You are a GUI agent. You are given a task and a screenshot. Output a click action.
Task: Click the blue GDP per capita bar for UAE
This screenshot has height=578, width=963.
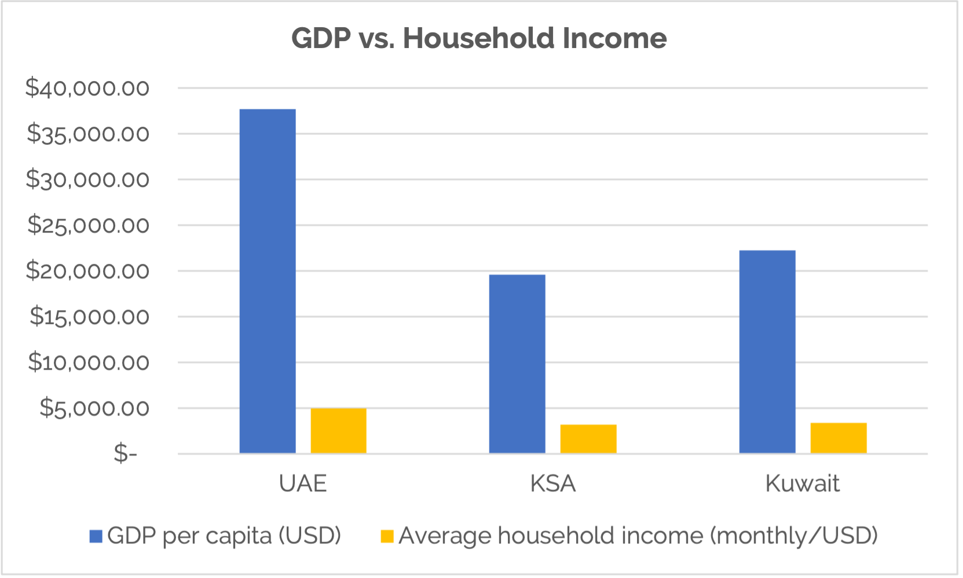(268, 281)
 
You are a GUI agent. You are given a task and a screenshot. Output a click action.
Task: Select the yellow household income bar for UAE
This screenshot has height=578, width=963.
(339, 430)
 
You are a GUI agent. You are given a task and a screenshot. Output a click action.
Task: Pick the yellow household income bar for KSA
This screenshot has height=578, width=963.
(588, 439)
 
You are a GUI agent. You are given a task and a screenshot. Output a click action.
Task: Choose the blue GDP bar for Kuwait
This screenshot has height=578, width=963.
(767, 351)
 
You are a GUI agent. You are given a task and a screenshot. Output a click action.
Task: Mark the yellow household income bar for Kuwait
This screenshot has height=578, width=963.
(838, 437)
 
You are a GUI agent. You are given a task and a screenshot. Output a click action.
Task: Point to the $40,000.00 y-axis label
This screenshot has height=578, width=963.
(87, 88)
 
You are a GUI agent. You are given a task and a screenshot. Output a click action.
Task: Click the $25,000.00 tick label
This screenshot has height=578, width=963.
(88, 224)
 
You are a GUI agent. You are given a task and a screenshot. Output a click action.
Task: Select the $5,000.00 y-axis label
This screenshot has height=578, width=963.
(94, 408)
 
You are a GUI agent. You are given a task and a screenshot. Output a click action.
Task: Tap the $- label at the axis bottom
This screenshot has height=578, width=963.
(126, 453)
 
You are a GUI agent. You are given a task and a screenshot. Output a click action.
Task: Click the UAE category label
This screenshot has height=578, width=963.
(303, 484)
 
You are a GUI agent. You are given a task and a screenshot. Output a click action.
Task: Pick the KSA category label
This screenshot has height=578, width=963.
(553, 484)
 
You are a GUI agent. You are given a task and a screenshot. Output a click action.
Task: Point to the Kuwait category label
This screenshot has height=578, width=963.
(803, 484)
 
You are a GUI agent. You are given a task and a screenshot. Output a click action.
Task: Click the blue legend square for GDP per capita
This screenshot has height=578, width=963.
(96, 536)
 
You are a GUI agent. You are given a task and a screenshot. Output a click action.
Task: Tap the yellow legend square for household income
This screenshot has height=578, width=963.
(387, 536)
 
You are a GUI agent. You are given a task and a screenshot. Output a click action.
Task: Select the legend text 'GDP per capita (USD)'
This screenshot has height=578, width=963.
(224, 536)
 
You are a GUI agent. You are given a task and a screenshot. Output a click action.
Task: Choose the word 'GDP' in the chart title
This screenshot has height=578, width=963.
(321, 38)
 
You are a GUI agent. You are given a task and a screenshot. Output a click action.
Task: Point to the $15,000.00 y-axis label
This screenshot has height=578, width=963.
(90, 316)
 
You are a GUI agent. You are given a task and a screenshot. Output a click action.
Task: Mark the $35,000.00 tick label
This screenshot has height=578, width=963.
(88, 134)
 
